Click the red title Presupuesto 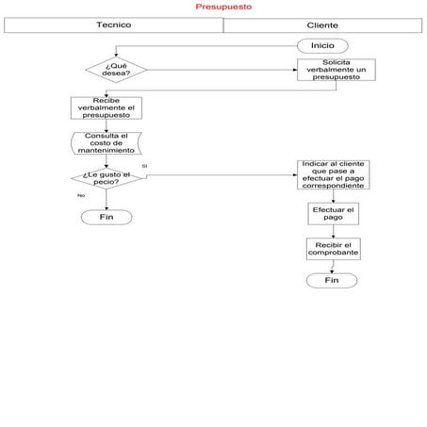pyautogui.click(x=223, y=7)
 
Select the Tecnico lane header pyautogui.click(x=113, y=25)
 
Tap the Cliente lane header pyautogui.click(x=322, y=25)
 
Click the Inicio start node pyautogui.click(x=322, y=45)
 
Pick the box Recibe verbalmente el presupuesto pyautogui.click(x=106, y=108)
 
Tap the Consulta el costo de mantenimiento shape pyautogui.click(x=106, y=143)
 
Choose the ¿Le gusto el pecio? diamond pyautogui.click(x=106, y=178)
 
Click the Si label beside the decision pyautogui.click(x=144, y=166)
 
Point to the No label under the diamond pyautogui.click(x=80, y=195)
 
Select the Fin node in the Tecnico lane pyautogui.click(x=106, y=217)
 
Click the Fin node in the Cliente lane pyautogui.click(x=331, y=281)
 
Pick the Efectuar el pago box pyautogui.click(x=333, y=214)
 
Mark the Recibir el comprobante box pyautogui.click(x=333, y=249)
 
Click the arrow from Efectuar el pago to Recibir pyautogui.click(x=333, y=231)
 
